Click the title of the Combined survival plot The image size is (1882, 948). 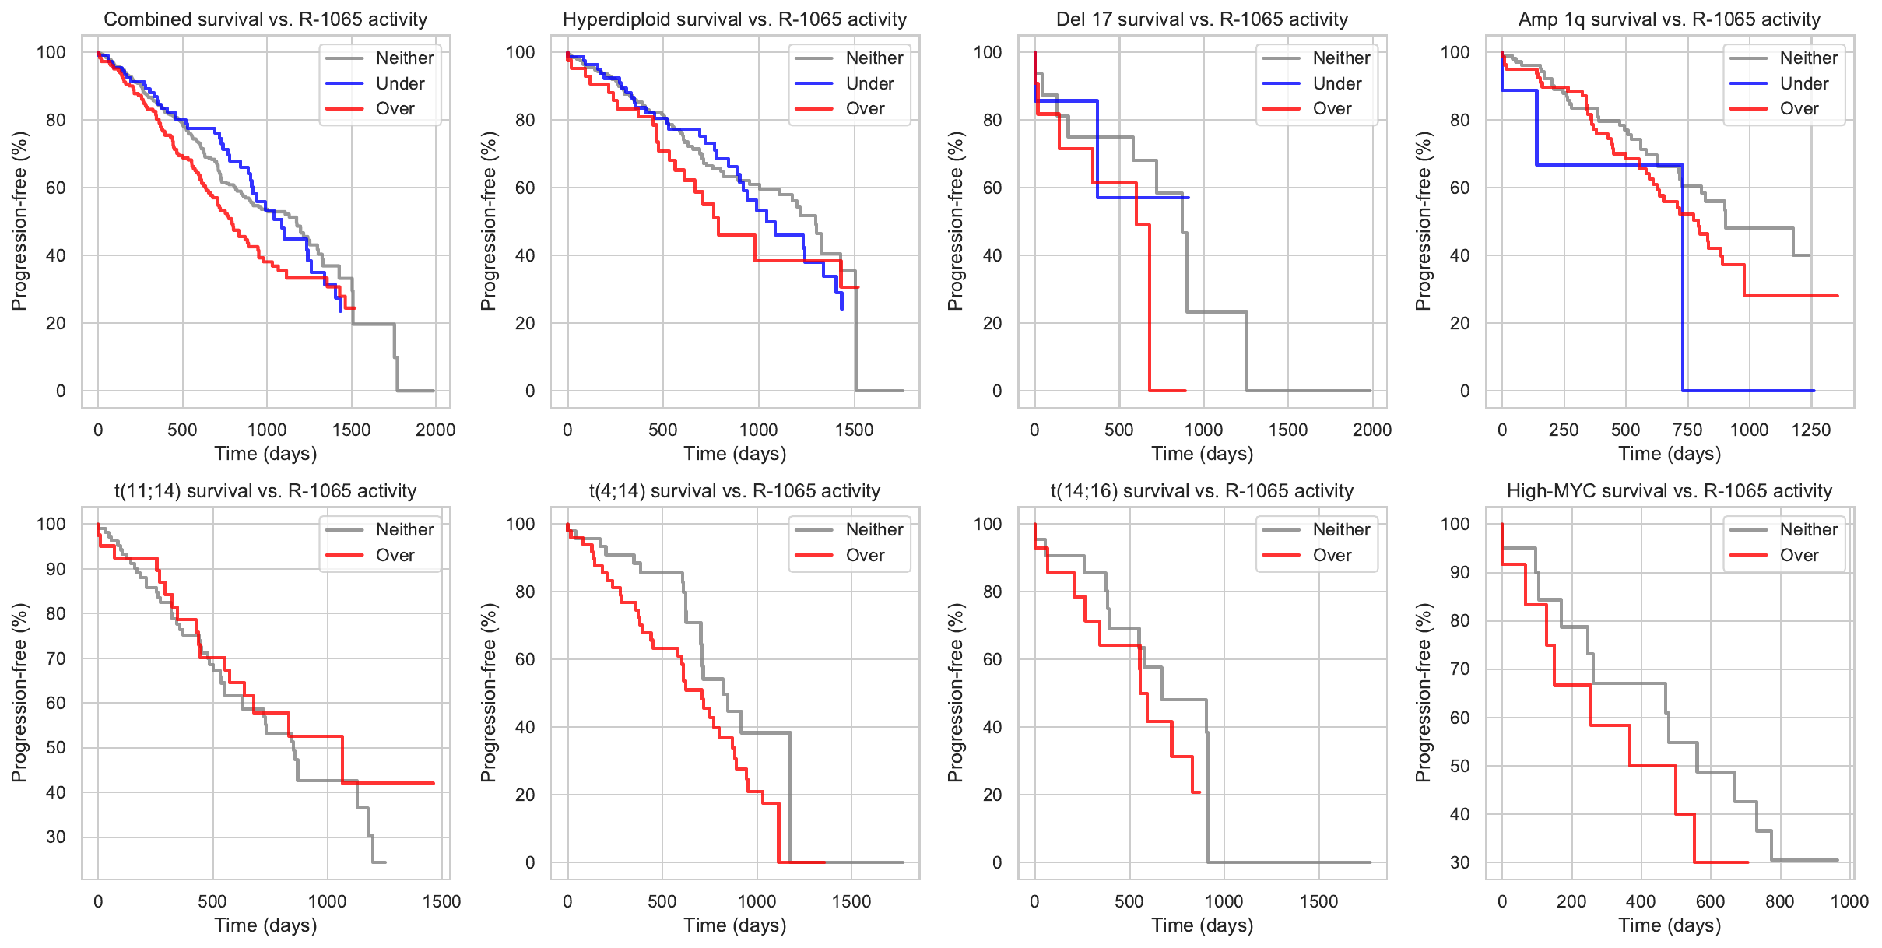click(x=265, y=19)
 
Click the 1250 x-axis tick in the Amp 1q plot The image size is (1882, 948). click(x=1810, y=430)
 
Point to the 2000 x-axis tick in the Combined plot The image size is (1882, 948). click(x=435, y=430)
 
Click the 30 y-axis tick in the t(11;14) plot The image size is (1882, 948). click(x=56, y=837)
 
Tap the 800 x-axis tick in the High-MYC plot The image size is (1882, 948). click(x=1779, y=901)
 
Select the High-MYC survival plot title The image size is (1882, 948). click(x=1670, y=491)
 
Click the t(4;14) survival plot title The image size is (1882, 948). click(x=735, y=491)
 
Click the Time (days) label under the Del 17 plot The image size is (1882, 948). click(x=1202, y=454)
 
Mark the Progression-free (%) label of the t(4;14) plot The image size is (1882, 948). click(x=488, y=693)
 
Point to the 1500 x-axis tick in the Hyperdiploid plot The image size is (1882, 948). click(x=854, y=430)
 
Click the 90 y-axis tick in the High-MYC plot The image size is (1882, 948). click(x=1459, y=572)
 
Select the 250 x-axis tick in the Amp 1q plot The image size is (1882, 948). click(x=1563, y=430)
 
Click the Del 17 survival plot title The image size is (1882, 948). click(x=1202, y=19)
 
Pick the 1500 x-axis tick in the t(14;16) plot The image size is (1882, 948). click(x=1318, y=901)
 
